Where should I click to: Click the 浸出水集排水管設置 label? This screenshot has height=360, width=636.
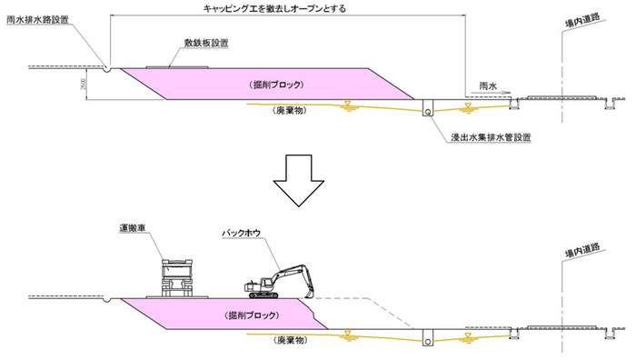click(x=490, y=137)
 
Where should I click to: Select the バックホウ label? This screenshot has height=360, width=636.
click(x=243, y=233)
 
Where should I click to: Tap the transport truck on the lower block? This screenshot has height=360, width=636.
click(x=180, y=277)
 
